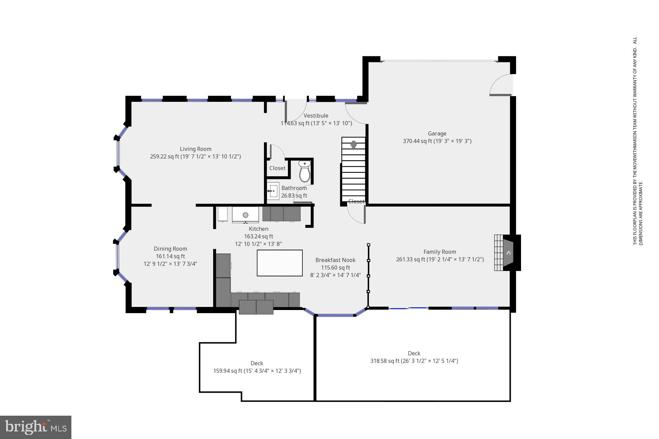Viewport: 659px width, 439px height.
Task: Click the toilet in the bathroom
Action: [304, 172]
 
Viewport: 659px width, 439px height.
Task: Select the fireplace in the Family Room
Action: [508, 253]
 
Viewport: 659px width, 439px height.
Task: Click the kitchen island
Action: [280, 263]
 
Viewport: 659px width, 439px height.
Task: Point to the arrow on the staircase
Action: [354, 145]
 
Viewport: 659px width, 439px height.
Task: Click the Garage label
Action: [437, 133]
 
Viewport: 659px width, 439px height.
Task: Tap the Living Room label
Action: [196, 149]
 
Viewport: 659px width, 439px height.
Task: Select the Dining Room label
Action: [170, 249]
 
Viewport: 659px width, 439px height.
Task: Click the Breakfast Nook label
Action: [335, 260]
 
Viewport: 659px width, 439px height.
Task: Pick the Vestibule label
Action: [316, 116]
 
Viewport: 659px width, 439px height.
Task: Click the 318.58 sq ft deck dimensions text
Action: [414, 361]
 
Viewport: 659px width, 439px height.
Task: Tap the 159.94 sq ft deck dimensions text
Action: [257, 371]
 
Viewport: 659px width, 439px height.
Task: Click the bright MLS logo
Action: [36, 427]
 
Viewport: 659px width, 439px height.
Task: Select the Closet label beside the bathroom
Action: [277, 168]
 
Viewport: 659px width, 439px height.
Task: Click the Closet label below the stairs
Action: [356, 201]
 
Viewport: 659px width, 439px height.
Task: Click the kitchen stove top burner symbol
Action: [245, 215]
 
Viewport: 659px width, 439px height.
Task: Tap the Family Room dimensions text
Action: [440, 259]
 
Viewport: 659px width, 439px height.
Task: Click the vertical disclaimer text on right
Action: [637, 141]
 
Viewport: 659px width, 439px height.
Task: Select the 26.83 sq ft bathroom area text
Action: [294, 195]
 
